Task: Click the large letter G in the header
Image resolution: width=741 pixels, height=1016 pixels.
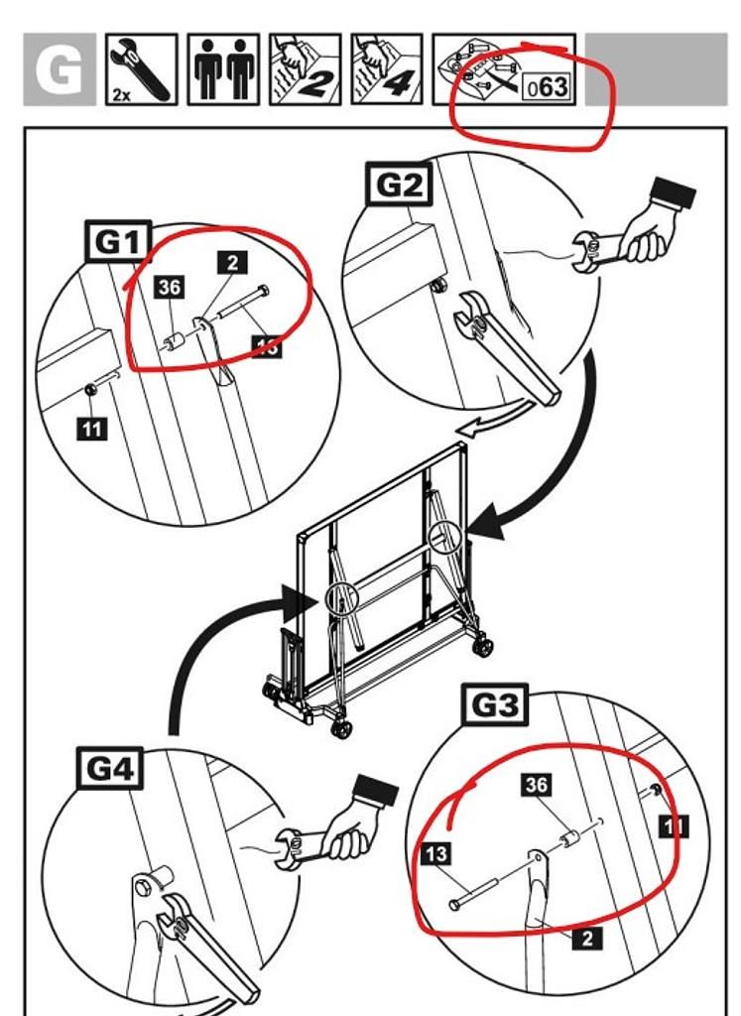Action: [x=59, y=69]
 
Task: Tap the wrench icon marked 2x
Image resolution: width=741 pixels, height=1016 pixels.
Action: [x=141, y=69]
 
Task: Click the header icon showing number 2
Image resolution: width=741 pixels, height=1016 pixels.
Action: [x=305, y=69]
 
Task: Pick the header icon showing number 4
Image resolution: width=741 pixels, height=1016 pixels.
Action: [x=386, y=69]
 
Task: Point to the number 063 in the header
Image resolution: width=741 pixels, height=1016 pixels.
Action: [x=548, y=86]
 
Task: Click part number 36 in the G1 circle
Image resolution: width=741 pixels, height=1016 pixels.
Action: [x=170, y=288]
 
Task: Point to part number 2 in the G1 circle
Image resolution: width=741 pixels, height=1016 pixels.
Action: [x=232, y=262]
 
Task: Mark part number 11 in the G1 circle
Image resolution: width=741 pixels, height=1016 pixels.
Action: [x=90, y=430]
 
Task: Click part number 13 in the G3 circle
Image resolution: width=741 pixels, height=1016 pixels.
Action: [x=436, y=853]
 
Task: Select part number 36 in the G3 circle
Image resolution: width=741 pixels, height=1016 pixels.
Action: [x=537, y=785]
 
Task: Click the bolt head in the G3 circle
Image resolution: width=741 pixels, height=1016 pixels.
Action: [x=454, y=905]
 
